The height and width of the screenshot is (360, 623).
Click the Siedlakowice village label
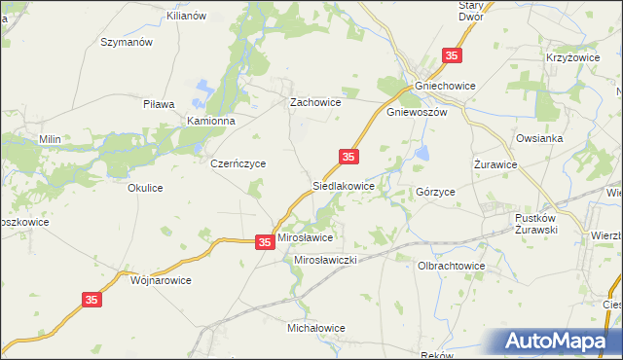click(343, 184)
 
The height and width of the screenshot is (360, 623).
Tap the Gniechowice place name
click(445, 86)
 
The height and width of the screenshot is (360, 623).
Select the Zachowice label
click(314, 101)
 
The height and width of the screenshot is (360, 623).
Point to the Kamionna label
click(212, 121)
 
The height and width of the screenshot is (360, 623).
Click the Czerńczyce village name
click(238, 164)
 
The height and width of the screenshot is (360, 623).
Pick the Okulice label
click(145, 188)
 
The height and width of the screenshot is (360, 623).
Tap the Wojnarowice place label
click(161, 279)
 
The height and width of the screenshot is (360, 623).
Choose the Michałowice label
click(316, 328)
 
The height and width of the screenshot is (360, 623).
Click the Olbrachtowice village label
click(451, 265)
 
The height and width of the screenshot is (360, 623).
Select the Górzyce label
click(435, 193)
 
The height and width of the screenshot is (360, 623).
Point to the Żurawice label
click(495, 164)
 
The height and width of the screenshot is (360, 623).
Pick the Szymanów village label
click(128, 43)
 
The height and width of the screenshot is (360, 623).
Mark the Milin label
click(50, 139)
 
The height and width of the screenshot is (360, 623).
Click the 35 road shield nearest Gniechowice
click(452, 56)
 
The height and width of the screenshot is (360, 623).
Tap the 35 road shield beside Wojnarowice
click(92, 302)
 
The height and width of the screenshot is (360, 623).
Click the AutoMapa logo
click(560, 342)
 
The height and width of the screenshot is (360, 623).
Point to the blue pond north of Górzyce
click(422, 153)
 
